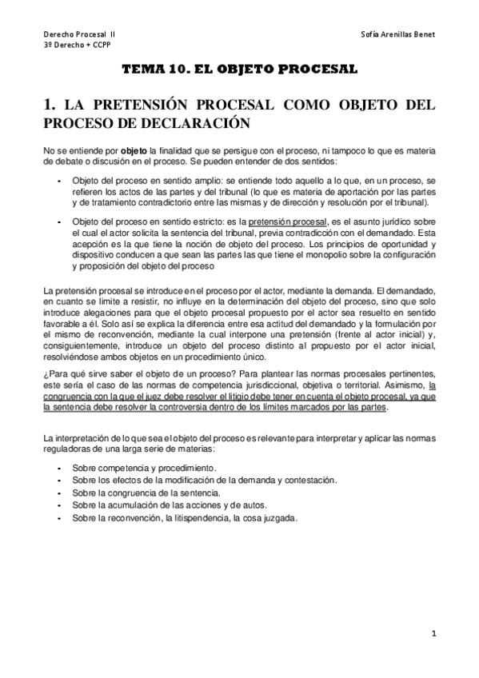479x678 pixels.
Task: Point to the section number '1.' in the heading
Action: (50, 104)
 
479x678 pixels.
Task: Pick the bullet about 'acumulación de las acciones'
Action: (170, 505)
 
